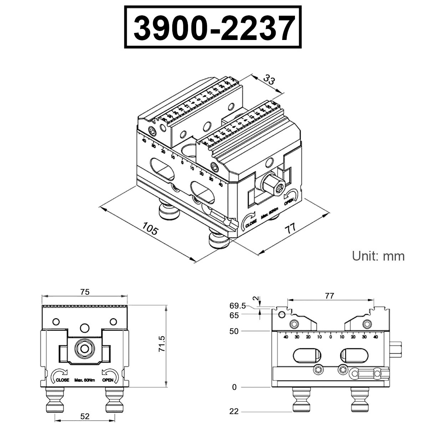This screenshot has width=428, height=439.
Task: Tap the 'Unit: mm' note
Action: tap(378, 256)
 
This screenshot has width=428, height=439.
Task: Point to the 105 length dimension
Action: tap(150, 228)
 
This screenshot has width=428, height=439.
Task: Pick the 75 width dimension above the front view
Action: tap(85, 292)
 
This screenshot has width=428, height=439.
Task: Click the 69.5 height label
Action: tap(238, 306)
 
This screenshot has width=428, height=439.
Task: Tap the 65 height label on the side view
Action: tap(234, 315)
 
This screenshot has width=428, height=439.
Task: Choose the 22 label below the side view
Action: tap(234, 412)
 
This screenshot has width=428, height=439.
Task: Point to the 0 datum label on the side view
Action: tap(234, 387)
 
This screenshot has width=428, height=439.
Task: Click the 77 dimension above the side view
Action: tap(330, 296)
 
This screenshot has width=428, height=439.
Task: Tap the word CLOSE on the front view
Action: tap(62, 380)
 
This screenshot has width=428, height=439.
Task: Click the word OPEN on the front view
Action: tap(108, 380)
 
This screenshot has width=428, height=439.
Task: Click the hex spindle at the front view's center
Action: tap(85, 348)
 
